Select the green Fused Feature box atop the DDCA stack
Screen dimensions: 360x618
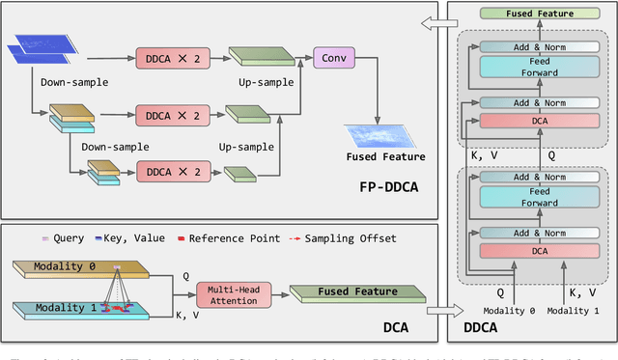point(538,14)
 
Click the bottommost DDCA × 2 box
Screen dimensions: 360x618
point(171,172)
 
